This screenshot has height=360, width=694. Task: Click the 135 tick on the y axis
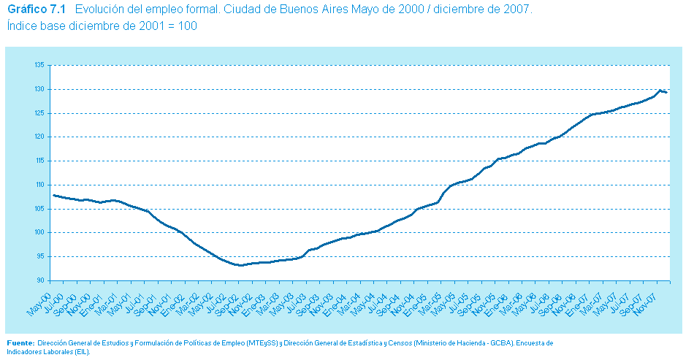click(40, 65)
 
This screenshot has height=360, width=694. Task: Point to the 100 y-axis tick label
click(40, 233)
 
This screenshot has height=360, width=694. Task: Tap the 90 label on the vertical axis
click(42, 280)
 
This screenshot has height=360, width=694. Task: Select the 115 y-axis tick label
click(40, 161)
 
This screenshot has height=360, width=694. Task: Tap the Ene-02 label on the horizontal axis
click(170, 299)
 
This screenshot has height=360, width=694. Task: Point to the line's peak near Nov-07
click(660, 91)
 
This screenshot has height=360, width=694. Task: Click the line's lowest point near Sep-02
click(239, 265)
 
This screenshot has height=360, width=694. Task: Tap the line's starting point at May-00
click(54, 195)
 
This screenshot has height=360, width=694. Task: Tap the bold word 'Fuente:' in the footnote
click(20, 342)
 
